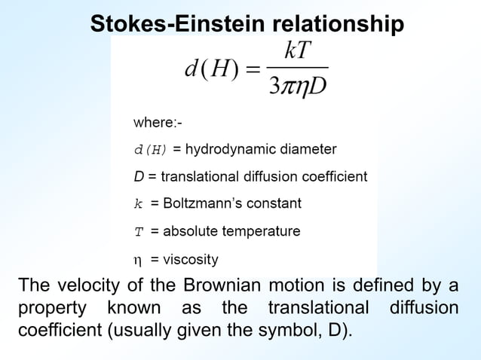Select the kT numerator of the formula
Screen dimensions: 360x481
point(298,52)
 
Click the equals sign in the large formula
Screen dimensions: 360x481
point(254,70)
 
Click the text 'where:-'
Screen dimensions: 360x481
point(158,122)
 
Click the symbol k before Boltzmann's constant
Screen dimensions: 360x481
point(138,203)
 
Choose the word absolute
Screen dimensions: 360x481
point(188,231)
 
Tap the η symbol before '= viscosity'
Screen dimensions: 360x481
point(137,261)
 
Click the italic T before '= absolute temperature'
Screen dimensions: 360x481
point(138,232)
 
